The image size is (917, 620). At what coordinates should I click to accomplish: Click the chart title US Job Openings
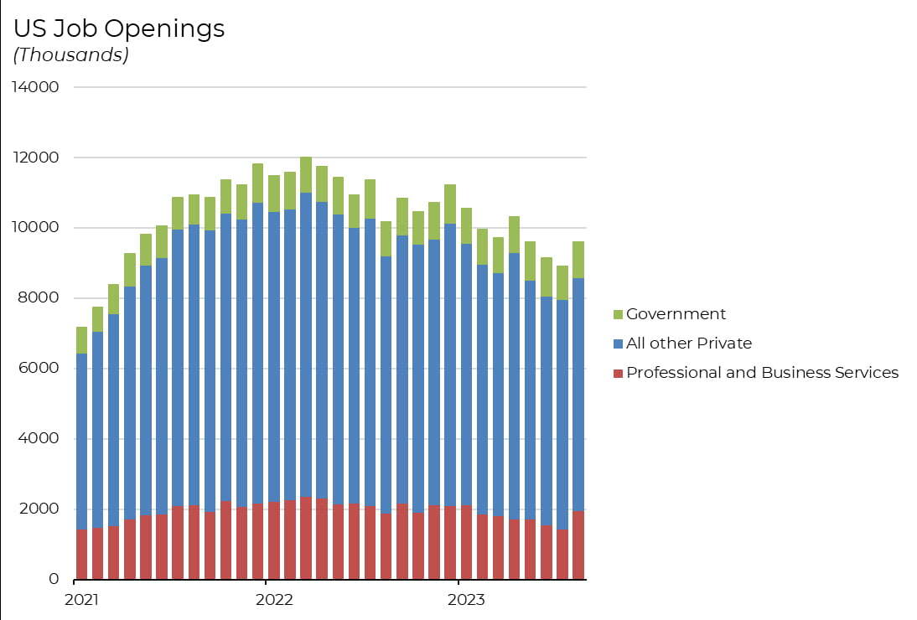[119, 29]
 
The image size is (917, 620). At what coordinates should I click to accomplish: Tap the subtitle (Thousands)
[71, 55]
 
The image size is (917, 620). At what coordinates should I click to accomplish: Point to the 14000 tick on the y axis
[35, 87]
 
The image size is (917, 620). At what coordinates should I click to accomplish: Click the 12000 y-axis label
[35, 158]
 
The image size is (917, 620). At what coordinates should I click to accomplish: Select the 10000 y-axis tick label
[35, 228]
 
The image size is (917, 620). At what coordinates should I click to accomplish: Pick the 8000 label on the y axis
[39, 298]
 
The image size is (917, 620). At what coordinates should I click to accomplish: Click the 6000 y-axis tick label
[39, 369]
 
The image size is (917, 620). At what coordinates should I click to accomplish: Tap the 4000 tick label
[39, 439]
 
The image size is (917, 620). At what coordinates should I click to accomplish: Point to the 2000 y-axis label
[39, 509]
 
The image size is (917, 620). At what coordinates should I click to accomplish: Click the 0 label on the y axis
[54, 579]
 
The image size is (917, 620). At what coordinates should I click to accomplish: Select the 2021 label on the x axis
[81, 600]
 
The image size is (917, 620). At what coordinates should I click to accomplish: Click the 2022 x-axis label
[274, 600]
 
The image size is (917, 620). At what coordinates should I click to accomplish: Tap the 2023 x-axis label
[466, 600]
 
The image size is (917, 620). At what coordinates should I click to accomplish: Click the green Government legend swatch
[619, 315]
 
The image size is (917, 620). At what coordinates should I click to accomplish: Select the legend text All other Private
[689, 344]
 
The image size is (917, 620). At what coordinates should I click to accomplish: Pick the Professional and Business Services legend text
[762, 373]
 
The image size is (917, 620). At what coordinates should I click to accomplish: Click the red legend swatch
[619, 373]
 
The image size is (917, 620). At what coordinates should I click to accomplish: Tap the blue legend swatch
[619, 344]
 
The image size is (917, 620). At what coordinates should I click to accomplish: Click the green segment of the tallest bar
[306, 174]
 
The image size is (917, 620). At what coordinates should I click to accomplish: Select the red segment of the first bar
[81, 554]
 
